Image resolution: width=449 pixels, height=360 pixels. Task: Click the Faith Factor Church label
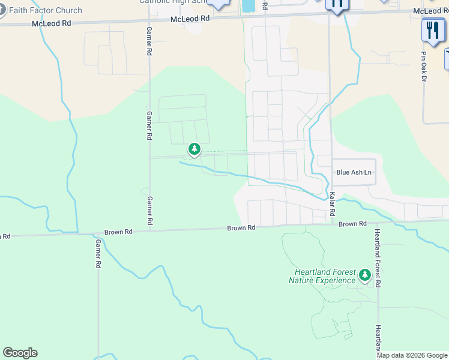(45, 10)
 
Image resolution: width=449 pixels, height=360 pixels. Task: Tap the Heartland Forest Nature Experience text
(322, 277)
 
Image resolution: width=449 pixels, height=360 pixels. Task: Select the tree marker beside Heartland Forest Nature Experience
(364, 275)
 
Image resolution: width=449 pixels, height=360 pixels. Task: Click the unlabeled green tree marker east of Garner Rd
(194, 148)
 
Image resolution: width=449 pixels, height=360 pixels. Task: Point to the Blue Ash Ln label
(354, 172)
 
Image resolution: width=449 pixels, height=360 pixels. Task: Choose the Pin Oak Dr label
(423, 66)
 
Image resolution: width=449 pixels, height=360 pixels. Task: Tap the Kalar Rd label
(332, 204)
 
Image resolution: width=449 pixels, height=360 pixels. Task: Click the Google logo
(20, 353)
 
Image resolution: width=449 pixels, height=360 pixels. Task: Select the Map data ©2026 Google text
(412, 355)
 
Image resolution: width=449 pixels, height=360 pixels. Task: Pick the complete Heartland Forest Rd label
(378, 258)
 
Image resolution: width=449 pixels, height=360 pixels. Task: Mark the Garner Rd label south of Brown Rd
(98, 254)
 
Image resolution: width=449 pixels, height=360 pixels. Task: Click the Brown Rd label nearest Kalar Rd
(352, 224)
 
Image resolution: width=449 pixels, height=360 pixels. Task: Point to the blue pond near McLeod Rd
(247, 5)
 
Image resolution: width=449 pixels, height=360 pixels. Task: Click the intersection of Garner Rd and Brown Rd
(149, 231)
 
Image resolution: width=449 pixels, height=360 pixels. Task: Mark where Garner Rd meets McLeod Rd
(148, 20)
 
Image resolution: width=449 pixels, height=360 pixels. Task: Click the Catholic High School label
(174, 2)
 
